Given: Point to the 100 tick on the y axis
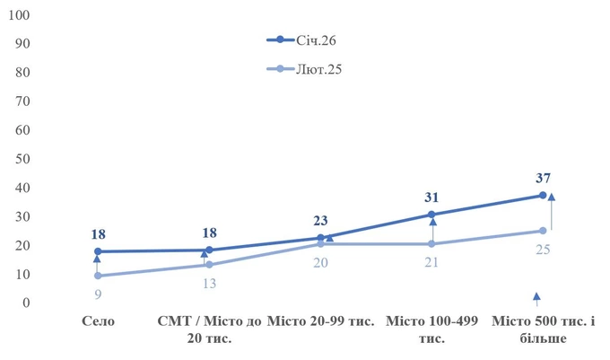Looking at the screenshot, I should (20, 15).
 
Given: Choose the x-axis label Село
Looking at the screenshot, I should (98, 321).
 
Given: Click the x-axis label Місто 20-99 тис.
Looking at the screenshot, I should (320, 321).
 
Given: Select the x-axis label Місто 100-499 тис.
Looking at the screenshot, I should (431, 329).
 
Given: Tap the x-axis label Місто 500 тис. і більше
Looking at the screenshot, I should (543, 329).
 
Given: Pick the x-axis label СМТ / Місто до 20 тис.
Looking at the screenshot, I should (208, 329).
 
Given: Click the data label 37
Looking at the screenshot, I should (543, 178).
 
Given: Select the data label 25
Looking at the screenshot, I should (543, 249).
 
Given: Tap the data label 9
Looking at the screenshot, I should (98, 294).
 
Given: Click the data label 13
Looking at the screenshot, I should (208, 283).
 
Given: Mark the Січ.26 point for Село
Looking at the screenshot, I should (98, 251).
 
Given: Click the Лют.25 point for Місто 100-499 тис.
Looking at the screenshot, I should (431, 243).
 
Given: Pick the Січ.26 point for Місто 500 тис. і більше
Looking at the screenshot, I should (543, 195).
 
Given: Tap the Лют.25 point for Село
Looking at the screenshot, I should (98, 276).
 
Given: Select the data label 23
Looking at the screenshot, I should (320, 219).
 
